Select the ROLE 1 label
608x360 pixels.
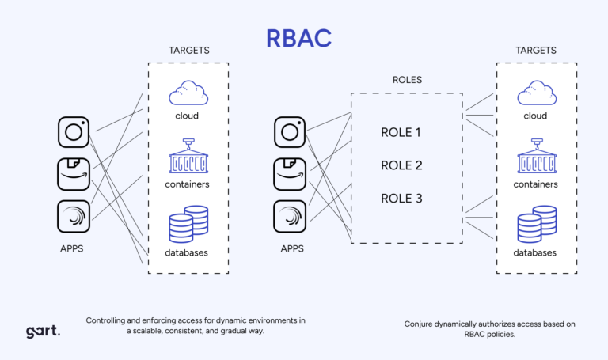click(x=401, y=132)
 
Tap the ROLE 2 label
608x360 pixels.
click(x=401, y=165)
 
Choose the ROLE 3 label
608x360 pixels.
click(x=401, y=198)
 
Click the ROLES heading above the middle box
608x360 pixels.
click(x=407, y=80)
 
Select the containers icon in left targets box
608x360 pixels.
click(x=188, y=157)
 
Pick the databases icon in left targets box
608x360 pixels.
click(x=188, y=225)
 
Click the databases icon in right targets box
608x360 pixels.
click(x=536, y=225)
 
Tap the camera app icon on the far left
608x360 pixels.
click(x=74, y=131)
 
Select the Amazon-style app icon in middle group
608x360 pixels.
click(x=290, y=173)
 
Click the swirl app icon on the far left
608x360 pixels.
click(x=74, y=216)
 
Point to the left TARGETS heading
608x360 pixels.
click(x=188, y=50)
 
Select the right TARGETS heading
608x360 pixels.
click(x=536, y=50)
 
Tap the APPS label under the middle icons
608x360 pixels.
click(x=292, y=248)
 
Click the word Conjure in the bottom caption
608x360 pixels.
click(x=422, y=324)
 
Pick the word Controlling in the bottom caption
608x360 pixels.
click(x=110, y=320)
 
